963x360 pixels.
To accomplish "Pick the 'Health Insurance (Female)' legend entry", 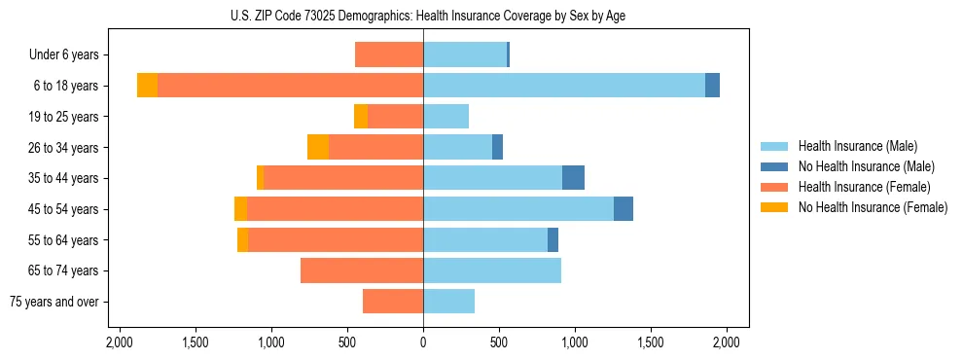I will point(864,187).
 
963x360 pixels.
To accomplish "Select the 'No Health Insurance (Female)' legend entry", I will point(873,207).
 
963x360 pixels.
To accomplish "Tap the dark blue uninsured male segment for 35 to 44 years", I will point(573,178).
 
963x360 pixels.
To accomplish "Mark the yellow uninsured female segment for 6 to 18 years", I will point(147,86).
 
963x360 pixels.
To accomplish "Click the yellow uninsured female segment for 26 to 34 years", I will point(318,147).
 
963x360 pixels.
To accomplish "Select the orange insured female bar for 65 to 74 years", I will point(362,270).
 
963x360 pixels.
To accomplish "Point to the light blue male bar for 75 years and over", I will point(448,302).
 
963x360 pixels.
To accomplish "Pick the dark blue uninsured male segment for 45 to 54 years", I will point(624,209).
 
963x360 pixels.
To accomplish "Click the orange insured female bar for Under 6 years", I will point(389,54).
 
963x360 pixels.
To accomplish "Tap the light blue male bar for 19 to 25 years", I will point(446,117).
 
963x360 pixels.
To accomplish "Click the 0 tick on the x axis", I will point(423,342).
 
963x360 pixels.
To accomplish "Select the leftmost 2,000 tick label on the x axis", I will point(119,342).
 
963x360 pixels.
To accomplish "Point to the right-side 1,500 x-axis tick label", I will point(651,342).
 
